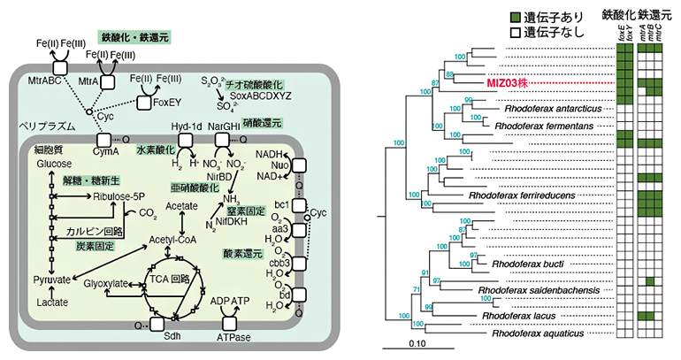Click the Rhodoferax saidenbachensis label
(x=539, y=290)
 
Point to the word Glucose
(x=53, y=165)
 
